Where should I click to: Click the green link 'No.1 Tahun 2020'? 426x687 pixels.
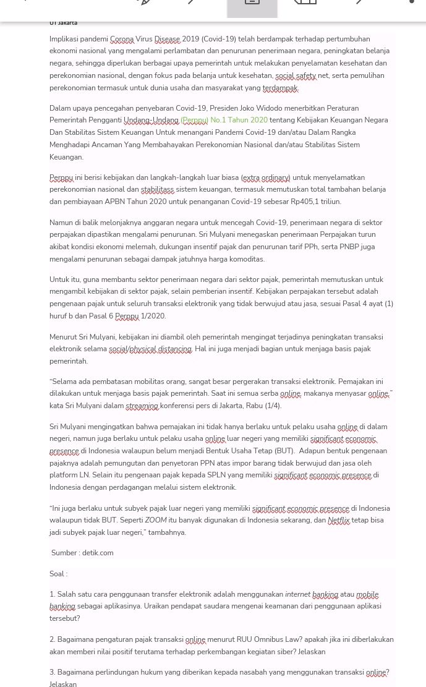pos(239,121)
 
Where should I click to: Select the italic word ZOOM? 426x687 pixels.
pos(156,521)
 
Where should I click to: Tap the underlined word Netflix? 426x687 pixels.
pos(339,521)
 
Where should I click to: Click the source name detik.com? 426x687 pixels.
pos(98,553)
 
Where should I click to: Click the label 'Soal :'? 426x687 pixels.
pos(58,574)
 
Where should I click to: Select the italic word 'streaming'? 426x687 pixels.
pos(142,406)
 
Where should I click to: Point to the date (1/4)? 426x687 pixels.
pos(273,406)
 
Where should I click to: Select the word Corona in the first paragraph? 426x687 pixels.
pos(122,39)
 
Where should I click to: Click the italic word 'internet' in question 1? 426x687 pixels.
pos(297,595)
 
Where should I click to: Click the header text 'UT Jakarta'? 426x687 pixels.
pos(63,23)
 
